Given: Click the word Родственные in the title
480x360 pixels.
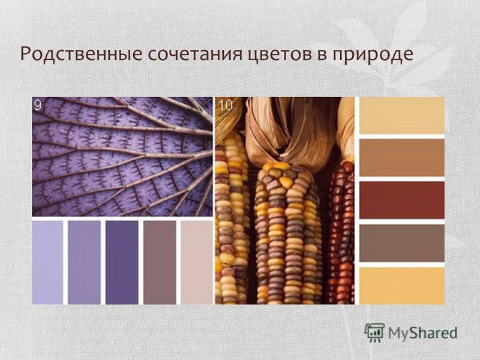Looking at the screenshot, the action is [81, 53].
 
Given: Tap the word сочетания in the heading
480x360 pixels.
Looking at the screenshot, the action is [194, 54].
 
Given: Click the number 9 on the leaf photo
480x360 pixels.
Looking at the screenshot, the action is [38, 105].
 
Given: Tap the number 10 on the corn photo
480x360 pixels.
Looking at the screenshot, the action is [226, 105].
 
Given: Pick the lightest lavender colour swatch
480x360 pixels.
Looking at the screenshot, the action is [47, 262].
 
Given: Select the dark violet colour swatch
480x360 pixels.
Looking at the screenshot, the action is [122, 262].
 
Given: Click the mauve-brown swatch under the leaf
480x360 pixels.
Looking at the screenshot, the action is [160, 262].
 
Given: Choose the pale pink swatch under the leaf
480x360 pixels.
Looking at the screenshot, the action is [197, 262].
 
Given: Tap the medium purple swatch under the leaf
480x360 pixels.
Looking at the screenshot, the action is [84, 262].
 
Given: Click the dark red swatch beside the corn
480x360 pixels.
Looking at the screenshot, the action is [401, 200].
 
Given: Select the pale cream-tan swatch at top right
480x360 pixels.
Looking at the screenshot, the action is [401, 115].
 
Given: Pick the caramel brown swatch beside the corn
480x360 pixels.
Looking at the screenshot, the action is [401, 158].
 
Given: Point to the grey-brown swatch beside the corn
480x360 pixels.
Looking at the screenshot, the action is [401, 243].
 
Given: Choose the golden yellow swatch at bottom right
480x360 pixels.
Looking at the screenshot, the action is [401, 286].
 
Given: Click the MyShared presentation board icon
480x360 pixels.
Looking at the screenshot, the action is [374, 332].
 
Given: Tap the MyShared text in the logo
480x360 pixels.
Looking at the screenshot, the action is [423, 333].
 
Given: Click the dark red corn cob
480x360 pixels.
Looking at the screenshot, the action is [340, 233].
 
